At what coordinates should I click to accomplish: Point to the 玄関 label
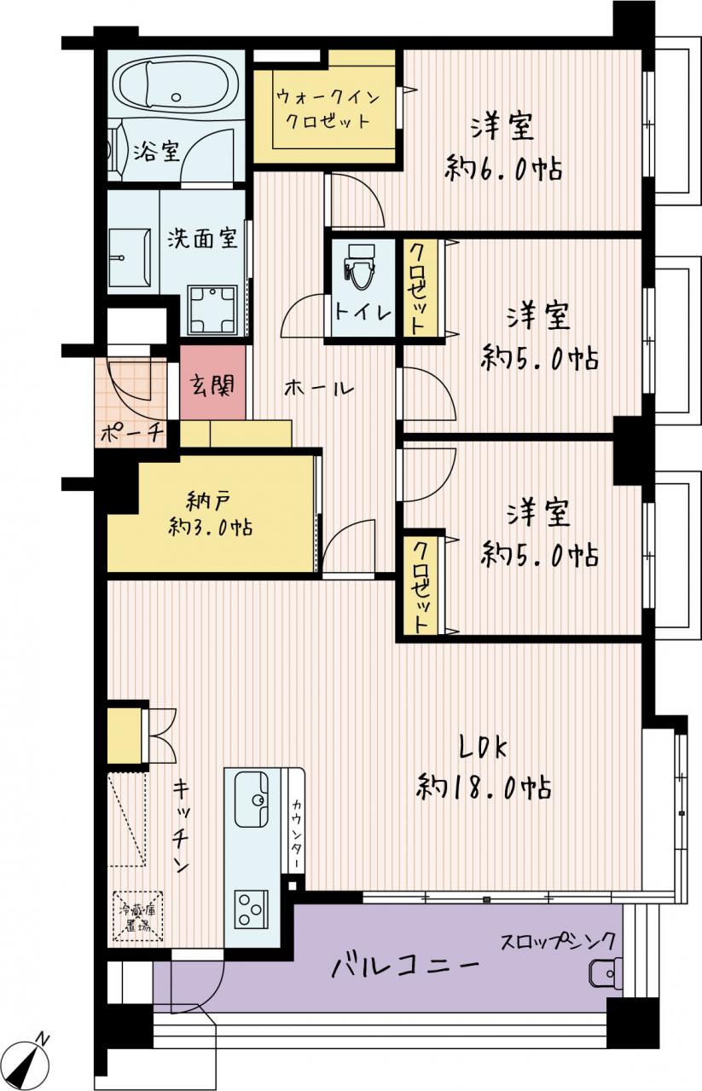coord(212,384)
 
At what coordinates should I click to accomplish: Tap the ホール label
coord(319,388)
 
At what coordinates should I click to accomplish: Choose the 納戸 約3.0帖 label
coord(211,513)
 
